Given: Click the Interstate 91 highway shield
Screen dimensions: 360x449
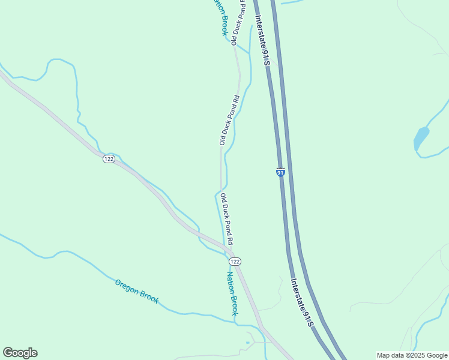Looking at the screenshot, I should click(280, 172).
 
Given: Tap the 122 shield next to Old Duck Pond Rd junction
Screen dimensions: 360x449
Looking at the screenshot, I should click(235, 262).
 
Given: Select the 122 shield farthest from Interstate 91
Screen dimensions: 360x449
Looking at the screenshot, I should click(108, 158).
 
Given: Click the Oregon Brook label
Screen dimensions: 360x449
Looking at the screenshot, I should click(137, 290).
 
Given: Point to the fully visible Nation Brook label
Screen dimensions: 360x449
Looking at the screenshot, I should click(232, 293).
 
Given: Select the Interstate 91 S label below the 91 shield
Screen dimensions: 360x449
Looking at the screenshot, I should click(302, 302).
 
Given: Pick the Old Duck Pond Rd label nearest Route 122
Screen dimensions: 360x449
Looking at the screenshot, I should click(226, 218).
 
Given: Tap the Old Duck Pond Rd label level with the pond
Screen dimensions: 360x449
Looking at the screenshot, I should click(229, 120).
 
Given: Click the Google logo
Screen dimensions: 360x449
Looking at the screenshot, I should click(20, 353).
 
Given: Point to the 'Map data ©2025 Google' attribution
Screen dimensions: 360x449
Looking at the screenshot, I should click(412, 355).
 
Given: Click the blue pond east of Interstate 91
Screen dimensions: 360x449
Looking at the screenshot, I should click(421, 139).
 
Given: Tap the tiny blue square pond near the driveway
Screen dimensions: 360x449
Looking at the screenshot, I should click(247, 343).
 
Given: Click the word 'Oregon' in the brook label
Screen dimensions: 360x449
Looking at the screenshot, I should click(127, 286).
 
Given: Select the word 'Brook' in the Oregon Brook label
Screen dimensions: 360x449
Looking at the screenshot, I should click(149, 296).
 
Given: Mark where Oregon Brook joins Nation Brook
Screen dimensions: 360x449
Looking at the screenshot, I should click(235, 322).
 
